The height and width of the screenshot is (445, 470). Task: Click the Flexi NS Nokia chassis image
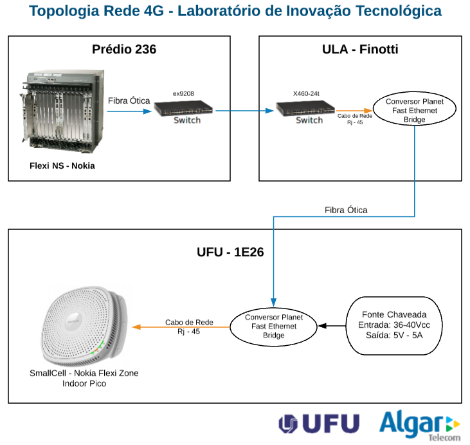click(62, 111)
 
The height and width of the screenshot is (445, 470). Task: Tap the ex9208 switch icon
click(183, 108)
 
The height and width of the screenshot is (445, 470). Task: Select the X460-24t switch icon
click(305, 108)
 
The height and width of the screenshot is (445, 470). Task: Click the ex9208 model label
click(183, 93)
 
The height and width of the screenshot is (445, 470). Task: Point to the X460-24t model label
click(306, 93)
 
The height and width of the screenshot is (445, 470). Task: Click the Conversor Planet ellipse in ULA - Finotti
click(414, 108)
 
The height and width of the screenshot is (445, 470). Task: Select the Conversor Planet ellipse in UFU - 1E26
click(273, 327)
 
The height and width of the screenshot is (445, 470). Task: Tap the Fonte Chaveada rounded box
click(394, 326)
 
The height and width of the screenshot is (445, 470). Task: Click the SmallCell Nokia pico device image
click(84, 326)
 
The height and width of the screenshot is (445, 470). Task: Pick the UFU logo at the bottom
click(319, 424)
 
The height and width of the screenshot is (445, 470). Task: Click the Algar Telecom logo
click(420, 426)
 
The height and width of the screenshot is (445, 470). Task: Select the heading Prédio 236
click(124, 49)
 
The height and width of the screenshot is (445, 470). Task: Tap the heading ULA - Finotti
click(360, 49)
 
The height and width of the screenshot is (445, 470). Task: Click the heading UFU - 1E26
click(230, 252)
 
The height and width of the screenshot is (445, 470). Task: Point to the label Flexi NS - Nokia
click(62, 166)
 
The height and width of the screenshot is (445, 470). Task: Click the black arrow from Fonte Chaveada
click(332, 326)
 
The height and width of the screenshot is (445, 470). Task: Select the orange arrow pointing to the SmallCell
click(181, 327)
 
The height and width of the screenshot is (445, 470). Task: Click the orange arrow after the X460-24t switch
click(354, 111)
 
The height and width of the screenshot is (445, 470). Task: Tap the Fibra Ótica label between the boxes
click(346, 210)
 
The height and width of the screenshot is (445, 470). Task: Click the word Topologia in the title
click(64, 12)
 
